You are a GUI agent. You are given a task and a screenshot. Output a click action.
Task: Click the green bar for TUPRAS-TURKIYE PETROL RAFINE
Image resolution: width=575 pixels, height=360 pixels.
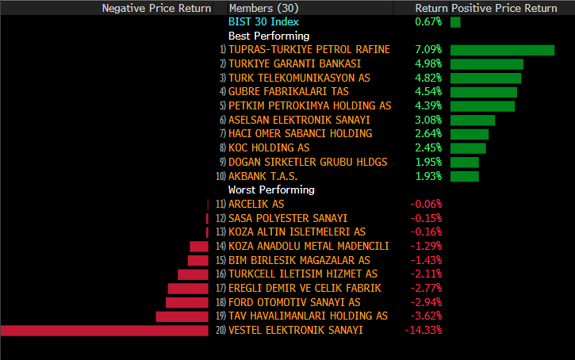pyautogui.click(x=502, y=50)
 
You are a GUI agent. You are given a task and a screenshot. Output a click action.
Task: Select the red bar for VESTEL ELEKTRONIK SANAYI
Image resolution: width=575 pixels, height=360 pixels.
pyautogui.click(x=106, y=331)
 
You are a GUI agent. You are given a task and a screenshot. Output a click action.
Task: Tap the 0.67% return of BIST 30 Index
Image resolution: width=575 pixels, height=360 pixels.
pyautogui.click(x=428, y=21)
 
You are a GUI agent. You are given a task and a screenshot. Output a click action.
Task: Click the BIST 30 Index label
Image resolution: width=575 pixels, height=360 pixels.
pyautogui.click(x=263, y=21)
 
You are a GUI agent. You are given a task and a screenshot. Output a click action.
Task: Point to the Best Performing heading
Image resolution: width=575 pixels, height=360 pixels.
pyautogui.click(x=269, y=36)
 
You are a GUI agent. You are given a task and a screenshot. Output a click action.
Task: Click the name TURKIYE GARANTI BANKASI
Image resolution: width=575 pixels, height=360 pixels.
pyautogui.click(x=294, y=63)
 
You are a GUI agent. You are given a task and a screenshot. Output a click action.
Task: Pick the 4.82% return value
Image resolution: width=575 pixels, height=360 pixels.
pyautogui.click(x=428, y=78)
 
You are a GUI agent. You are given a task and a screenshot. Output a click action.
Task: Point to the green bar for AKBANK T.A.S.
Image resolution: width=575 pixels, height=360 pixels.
pyautogui.click(x=465, y=176)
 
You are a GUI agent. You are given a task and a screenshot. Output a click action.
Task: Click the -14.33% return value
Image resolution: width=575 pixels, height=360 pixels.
pyautogui.click(x=423, y=331)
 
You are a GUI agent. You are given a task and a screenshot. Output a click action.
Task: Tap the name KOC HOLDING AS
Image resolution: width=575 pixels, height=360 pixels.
pyautogui.click(x=268, y=148)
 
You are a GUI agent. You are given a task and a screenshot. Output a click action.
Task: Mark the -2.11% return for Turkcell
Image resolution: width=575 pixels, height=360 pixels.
pyautogui.click(x=426, y=274)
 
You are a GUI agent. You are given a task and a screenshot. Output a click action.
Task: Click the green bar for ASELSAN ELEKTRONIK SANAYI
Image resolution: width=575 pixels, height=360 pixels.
pyautogui.click(x=473, y=120)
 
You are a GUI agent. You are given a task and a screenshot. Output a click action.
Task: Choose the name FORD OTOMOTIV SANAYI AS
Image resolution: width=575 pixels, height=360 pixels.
pyautogui.click(x=293, y=302)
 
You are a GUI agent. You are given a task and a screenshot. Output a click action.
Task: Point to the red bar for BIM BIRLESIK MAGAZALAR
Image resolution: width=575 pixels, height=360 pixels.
pyautogui.click(x=198, y=260)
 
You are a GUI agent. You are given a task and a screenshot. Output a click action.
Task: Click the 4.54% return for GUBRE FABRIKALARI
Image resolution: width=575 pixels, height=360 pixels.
pyautogui.click(x=428, y=92)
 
